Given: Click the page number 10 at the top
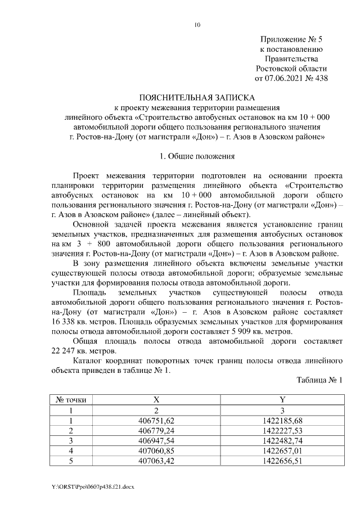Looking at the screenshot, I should pyautogui.click(x=197, y=25).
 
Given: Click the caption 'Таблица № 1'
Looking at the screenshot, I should pyautogui.click(x=319, y=381).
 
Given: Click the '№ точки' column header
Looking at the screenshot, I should pyautogui.click(x=71, y=400).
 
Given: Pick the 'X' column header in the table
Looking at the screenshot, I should pyautogui.click(x=156, y=400).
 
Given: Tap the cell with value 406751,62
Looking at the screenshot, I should pyautogui.click(x=156, y=421).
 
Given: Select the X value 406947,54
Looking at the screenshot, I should pyautogui.click(x=156, y=441).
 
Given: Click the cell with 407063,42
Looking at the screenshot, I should pyautogui.click(x=156, y=461).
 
